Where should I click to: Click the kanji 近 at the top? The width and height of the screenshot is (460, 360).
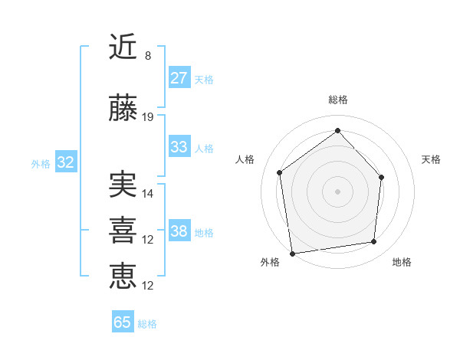pos(123,47)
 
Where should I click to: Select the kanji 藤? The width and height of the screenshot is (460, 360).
pos(123,110)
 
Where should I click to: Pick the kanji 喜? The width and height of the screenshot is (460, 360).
pos(123,230)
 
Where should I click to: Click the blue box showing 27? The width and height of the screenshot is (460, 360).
pos(179,78)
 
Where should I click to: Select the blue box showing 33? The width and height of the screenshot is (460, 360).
pos(179,147)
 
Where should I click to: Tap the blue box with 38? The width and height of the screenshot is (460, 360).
pos(179,231)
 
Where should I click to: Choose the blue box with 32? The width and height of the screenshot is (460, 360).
pos(65,162)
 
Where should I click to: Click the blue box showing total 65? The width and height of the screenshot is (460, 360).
pos(123,322)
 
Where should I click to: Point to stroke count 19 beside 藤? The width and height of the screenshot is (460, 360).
pos(148,117)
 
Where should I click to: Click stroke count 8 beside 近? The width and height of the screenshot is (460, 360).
pos(148,56)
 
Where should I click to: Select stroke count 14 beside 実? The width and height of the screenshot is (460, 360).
pos(148,193)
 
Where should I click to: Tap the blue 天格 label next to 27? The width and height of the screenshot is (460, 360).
pos(204,80)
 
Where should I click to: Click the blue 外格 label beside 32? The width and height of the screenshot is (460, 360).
pos(41,163)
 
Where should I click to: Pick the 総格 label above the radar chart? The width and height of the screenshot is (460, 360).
pos(338,100)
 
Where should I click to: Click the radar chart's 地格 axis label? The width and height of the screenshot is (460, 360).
pos(402,262)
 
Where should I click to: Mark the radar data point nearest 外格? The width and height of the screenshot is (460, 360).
pos(292,253)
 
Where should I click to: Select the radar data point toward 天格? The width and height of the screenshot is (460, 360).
pos(382,177)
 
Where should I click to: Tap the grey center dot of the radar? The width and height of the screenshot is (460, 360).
pos(337,191)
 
